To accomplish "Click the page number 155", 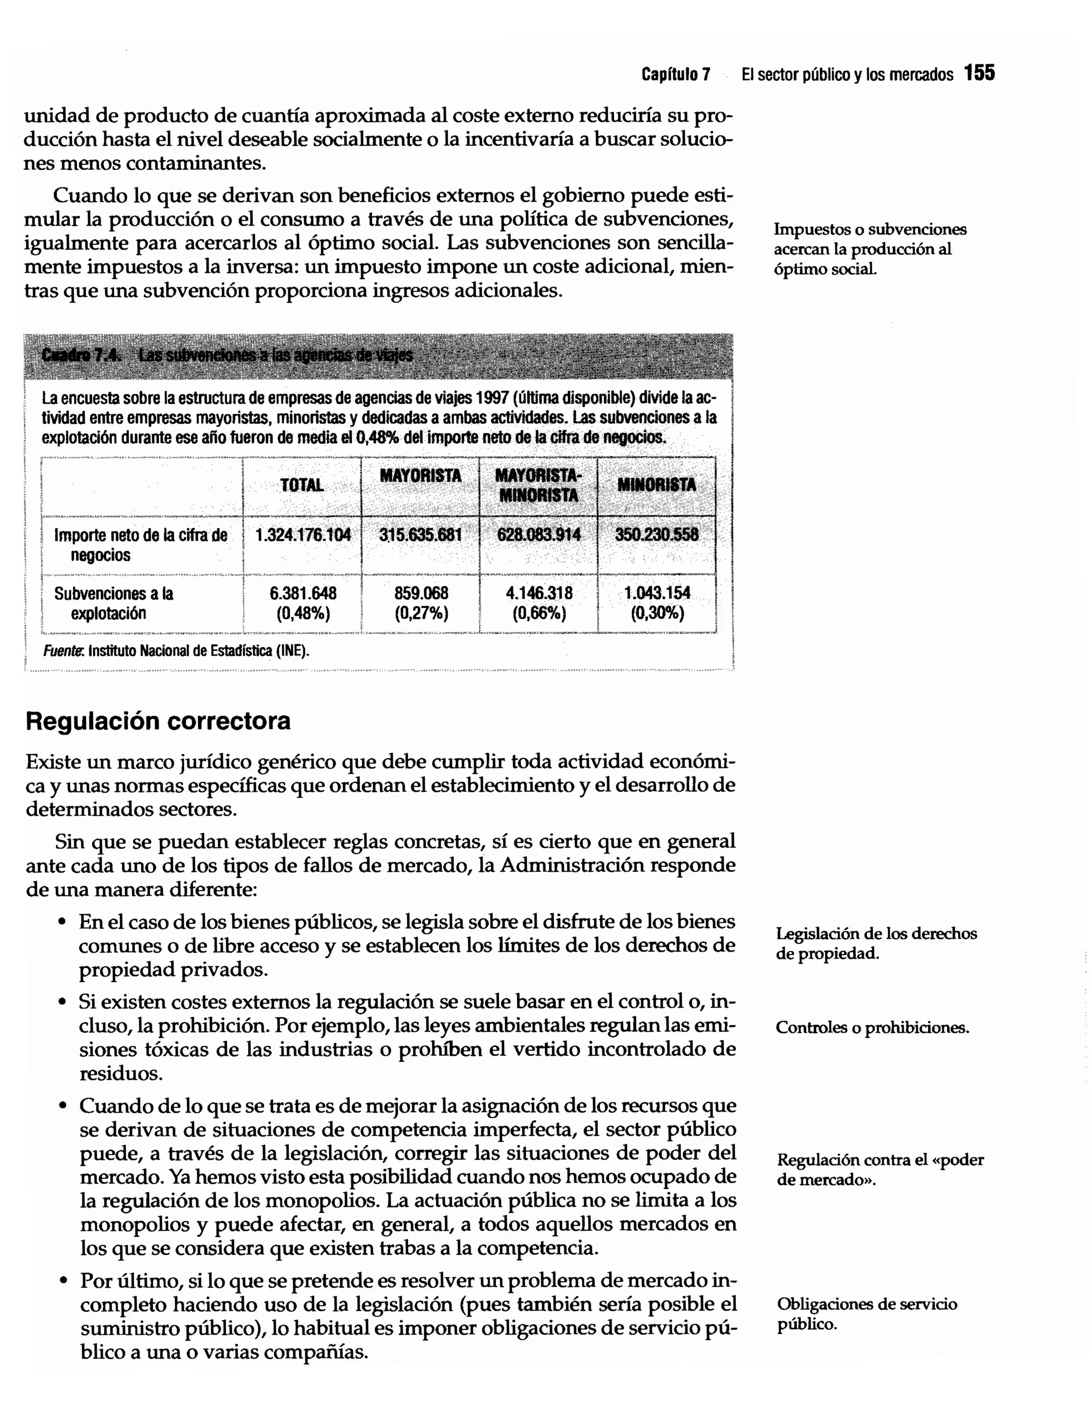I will point(979,73).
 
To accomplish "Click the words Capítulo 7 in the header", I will point(675,75).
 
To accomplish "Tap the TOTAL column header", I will point(302,485).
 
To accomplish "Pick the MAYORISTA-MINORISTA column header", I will point(538,485).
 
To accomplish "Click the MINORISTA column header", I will point(656,485).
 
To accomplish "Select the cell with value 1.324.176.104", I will point(303,535).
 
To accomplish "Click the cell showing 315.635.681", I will point(420,535).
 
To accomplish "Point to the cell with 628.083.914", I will point(539,535).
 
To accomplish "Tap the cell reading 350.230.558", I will point(656,535).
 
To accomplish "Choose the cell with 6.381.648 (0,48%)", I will point(303,602).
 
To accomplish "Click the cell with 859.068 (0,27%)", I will point(420,602).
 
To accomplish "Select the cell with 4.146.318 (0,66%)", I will point(539,602).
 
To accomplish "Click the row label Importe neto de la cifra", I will point(140,544).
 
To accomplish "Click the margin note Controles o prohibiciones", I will point(872,1027).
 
